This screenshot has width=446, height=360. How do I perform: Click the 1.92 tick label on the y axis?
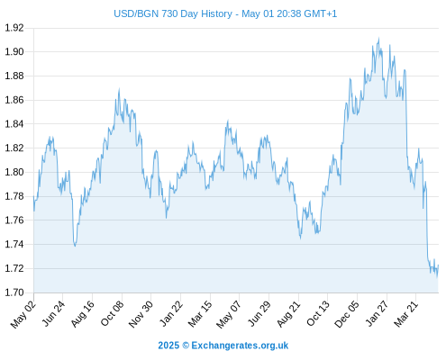pyautogui.click(x=14, y=28)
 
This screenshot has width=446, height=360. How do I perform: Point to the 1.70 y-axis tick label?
pyautogui.click(x=14, y=292)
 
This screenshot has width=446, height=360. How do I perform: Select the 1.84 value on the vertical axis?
pyautogui.click(x=14, y=124)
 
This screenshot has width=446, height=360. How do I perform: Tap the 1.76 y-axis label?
pyautogui.click(x=14, y=220)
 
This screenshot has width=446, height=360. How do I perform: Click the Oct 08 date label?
pyautogui.click(x=112, y=313)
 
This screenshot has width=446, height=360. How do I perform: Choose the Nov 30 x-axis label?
pyautogui.click(x=141, y=314)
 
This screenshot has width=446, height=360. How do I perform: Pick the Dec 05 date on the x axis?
pyautogui.click(x=346, y=314)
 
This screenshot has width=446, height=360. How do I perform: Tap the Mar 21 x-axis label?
pyautogui.click(x=406, y=313)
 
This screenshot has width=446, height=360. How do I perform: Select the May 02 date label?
pyautogui.click(x=23, y=314)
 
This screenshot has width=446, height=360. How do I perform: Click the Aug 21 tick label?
pyautogui.click(x=288, y=313)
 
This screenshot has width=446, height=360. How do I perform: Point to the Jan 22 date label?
pyautogui.click(x=171, y=313)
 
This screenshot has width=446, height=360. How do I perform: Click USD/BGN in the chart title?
pyautogui.click(x=136, y=13)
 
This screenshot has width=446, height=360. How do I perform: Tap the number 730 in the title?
pyautogui.click(x=170, y=13)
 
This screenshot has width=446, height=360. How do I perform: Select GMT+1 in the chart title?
pyautogui.click(x=321, y=13)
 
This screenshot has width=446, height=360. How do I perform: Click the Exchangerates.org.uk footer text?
pyautogui.click(x=240, y=346)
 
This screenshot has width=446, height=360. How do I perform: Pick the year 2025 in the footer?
pyautogui.click(x=168, y=346)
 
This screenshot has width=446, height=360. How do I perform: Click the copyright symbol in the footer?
pyautogui.click(x=186, y=346)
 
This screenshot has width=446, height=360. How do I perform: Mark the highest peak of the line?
pyautogui.click(x=378, y=38)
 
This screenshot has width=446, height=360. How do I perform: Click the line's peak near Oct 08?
pyautogui.click(x=119, y=89)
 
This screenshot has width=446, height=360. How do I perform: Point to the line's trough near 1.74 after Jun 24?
pyautogui.click(x=75, y=246)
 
